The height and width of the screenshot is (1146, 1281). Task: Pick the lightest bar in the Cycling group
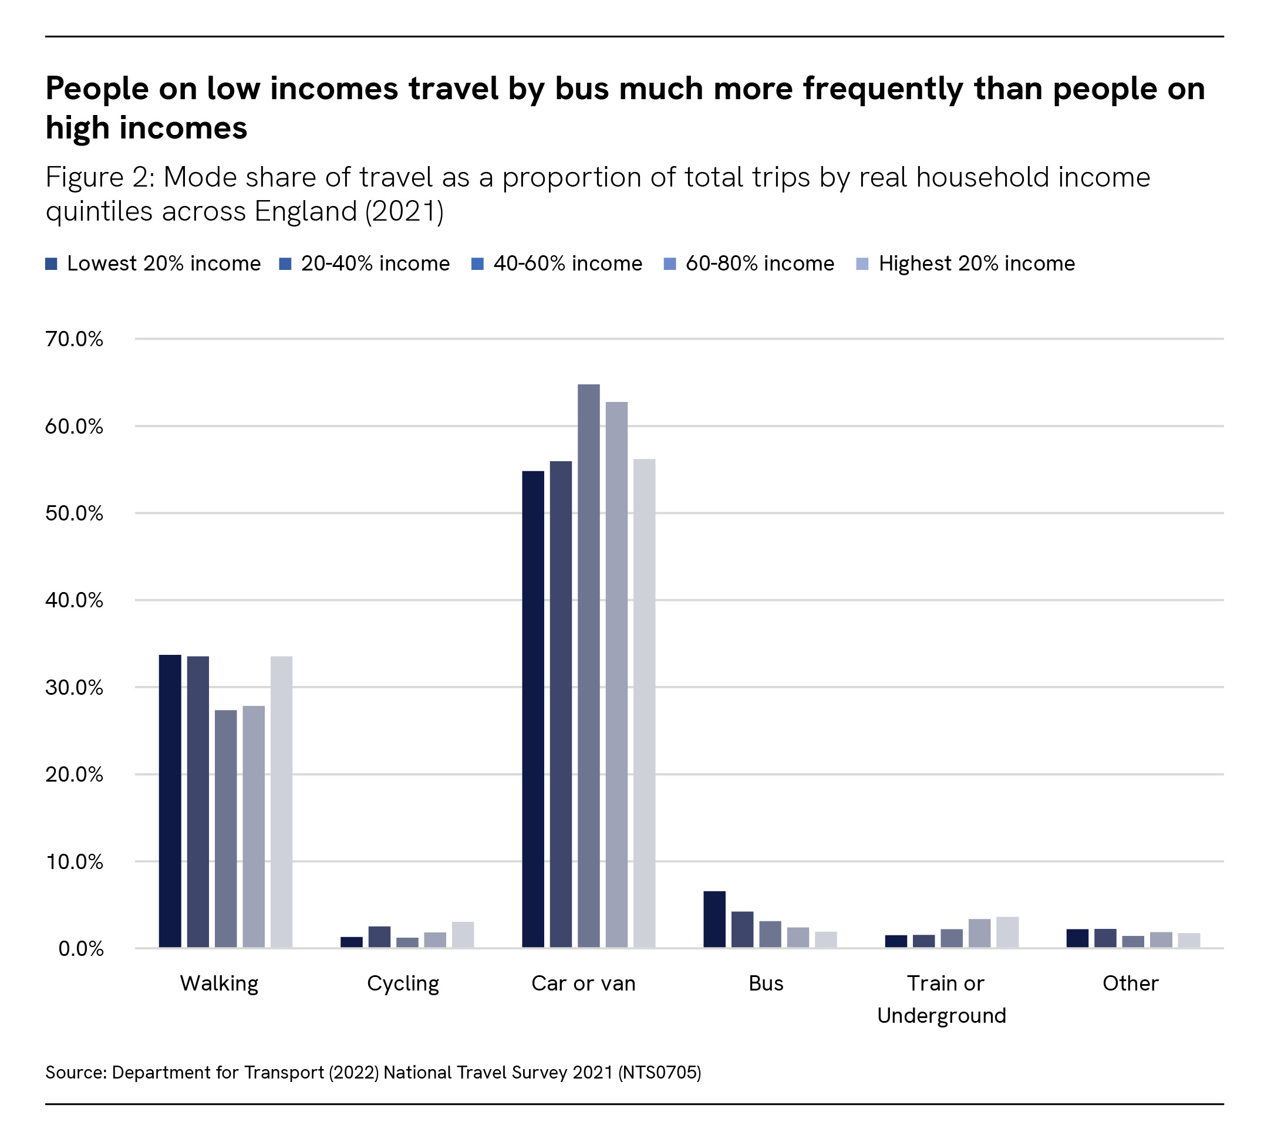click(x=463, y=935)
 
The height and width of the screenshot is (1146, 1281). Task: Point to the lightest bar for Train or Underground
click(x=1007, y=932)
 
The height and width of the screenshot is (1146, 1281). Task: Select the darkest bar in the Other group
click(x=1077, y=938)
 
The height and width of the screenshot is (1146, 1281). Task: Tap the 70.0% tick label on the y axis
click(x=74, y=339)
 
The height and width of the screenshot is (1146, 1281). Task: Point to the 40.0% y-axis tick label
click(x=74, y=600)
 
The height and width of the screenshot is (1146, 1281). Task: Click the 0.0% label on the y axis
click(x=80, y=949)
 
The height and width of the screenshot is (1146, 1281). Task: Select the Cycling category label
click(x=403, y=983)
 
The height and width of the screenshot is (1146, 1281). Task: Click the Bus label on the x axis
click(x=766, y=983)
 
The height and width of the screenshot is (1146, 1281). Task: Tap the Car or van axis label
click(x=584, y=983)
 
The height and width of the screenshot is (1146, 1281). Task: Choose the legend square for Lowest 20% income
click(x=52, y=264)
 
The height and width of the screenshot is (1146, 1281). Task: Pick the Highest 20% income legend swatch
click(x=862, y=264)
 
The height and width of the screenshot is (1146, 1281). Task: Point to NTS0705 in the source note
click(x=659, y=1072)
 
